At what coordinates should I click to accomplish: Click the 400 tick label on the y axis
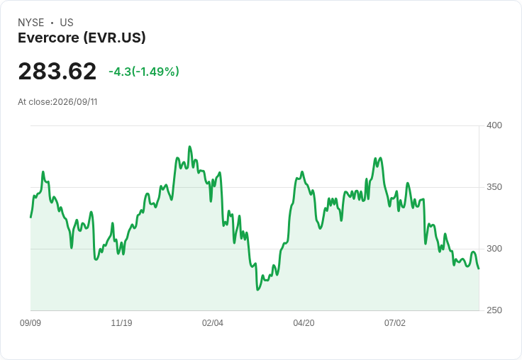[494, 125]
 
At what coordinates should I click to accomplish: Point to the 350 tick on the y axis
[494, 187]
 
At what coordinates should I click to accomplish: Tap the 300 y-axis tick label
[494, 249]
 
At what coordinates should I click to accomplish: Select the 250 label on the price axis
[494, 310]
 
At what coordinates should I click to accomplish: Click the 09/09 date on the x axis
[30, 323]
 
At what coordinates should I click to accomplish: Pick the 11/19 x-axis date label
[121, 323]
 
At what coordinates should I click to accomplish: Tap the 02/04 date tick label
[212, 323]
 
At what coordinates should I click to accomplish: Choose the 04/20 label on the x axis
[304, 323]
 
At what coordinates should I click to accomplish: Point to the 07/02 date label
[395, 323]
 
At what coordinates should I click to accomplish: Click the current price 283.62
[57, 72]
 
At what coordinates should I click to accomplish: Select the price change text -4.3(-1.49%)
[144, 72]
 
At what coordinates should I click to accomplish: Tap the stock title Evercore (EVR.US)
[82, 38]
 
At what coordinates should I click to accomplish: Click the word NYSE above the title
[31, 23]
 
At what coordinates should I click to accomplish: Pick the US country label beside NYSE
[67, 23]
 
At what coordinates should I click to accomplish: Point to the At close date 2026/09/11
[75, 102]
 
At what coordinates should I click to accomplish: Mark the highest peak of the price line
[190, 147]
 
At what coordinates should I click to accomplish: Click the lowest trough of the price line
[257, 290]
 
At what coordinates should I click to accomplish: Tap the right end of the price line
[479, 269]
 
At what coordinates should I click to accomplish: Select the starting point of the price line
[31, 218]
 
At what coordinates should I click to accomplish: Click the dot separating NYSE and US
[52, 23]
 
